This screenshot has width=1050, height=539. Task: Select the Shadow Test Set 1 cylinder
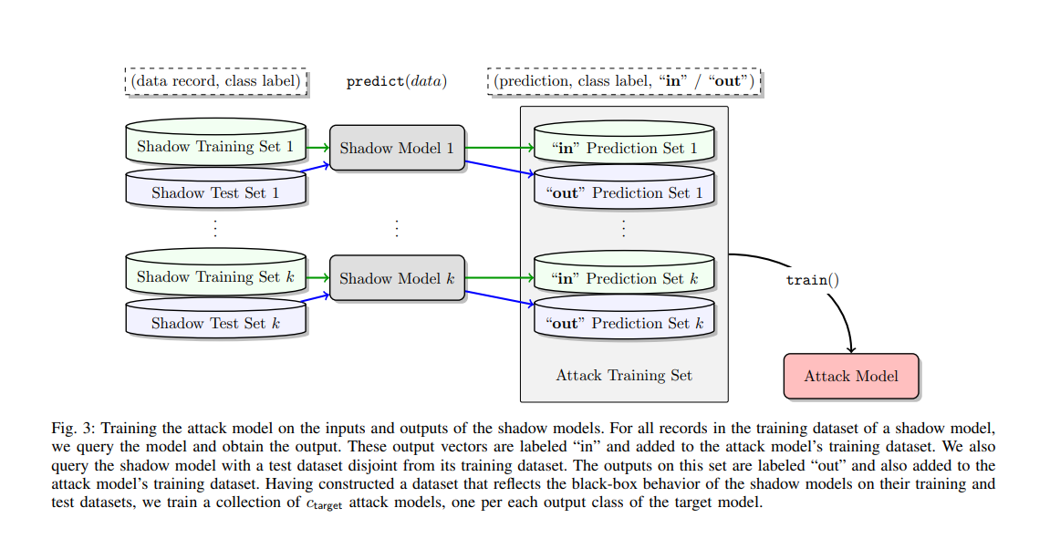pos(215,192)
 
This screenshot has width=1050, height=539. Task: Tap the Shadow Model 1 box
pos(397,148)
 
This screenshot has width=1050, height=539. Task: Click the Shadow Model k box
pos(397,278)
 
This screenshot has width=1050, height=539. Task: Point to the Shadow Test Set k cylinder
pos(215,323)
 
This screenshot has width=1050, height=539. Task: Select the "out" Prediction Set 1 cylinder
pos(624,192)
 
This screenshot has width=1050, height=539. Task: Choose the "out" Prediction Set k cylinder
pos(624,323)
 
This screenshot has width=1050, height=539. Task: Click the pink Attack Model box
pos(851,376)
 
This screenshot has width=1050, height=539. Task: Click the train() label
pos(812,280)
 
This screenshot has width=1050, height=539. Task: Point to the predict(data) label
pos(397,81)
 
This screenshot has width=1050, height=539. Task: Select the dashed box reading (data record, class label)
pos(215,81)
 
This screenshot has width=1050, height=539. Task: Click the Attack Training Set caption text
pos(624,375)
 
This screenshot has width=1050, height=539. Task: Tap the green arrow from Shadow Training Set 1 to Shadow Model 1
pos(317,146)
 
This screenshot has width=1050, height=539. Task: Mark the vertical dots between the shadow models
pos(397,228)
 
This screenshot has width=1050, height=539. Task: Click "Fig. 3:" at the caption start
pos(72,428)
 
